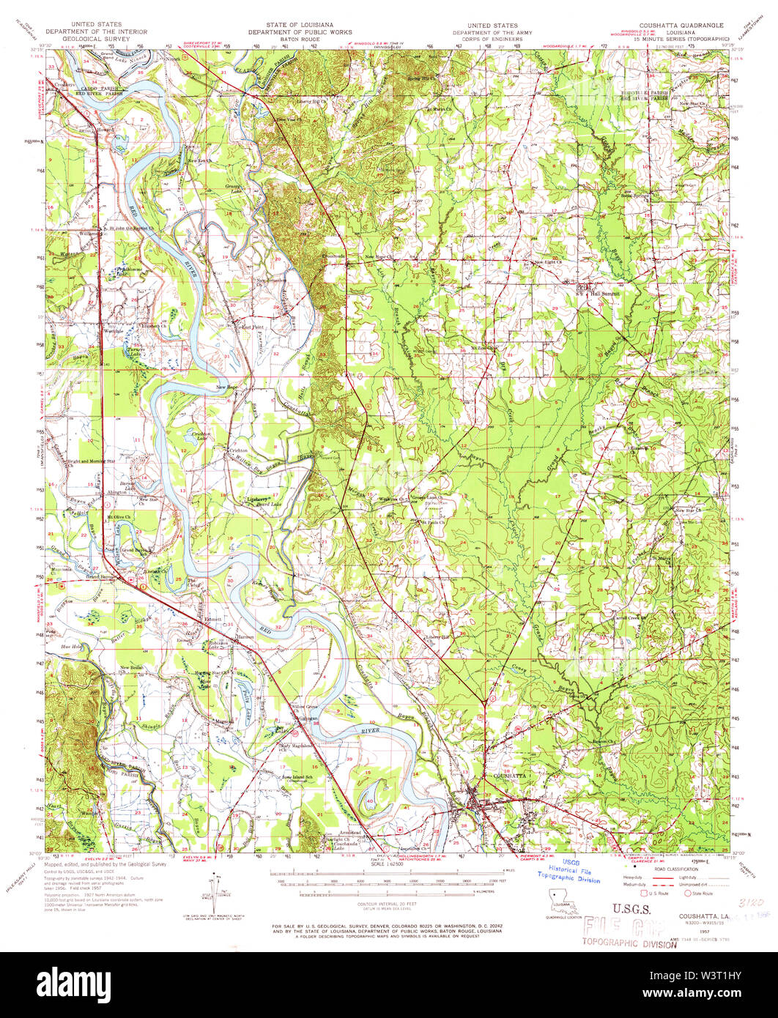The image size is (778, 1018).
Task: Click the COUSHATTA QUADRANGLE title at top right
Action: (682, 25)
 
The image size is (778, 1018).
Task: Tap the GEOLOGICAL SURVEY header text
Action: (96, 39)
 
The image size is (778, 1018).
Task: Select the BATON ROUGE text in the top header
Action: (300, 39)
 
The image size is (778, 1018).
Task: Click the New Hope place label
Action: (228, 387)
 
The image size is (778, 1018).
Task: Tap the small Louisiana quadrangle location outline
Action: (560, 902)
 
